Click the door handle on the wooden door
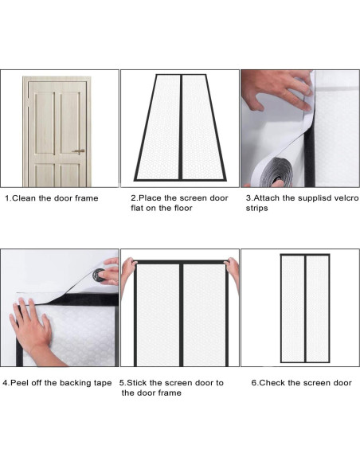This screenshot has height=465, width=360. [79, 151]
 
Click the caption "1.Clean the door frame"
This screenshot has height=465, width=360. [52, 198]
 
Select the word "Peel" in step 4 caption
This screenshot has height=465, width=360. [23, 383]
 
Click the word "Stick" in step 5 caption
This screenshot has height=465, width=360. [140, 383]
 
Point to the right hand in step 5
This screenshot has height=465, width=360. [232, 265]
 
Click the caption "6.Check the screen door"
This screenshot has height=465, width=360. [301, 383]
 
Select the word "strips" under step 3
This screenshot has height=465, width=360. [256, 209]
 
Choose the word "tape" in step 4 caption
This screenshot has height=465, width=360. [101, 383]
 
